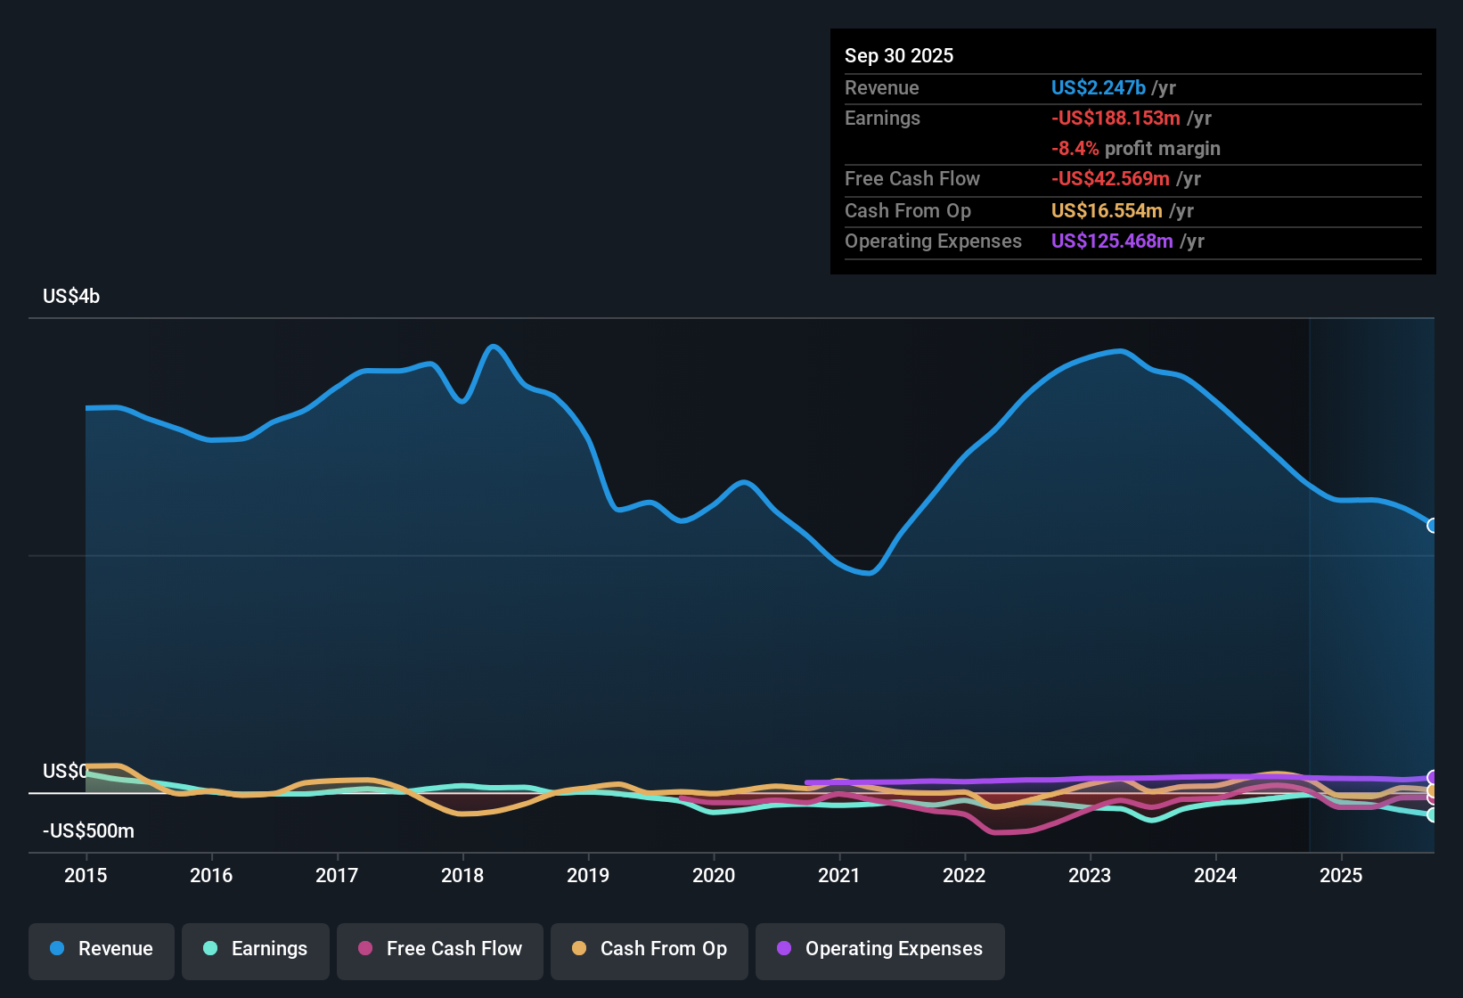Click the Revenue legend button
point(102,951)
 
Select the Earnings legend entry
point(256,951)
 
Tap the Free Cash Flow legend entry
point(439,951)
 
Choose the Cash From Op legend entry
point(650,951)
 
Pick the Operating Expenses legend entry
point(879,951)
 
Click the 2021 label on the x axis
point(839,875)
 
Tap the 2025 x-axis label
point(1341,875)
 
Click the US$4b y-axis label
point(71,297)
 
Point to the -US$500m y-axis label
point(88,830)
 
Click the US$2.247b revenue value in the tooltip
point(1098,87)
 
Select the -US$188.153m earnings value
point(1116,119)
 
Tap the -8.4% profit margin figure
point(1075,148)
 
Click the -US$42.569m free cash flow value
point(1110,179)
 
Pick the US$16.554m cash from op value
point(1107,211)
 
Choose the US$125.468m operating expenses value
point(1112,241)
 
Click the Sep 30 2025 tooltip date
point(899,55)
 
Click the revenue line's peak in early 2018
point(493,346)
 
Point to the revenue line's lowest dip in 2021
point(870,574)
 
